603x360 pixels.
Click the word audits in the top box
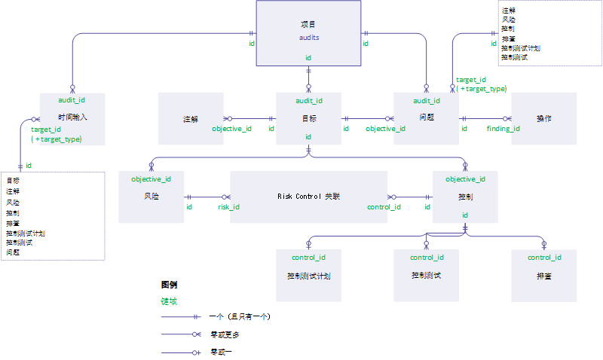(x=309, y=36)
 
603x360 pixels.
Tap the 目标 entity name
(x=309, y=119)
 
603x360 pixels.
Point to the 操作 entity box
(x=543, y=118)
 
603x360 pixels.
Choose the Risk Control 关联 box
(x=308, y=197)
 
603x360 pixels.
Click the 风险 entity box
(x=152, y=197)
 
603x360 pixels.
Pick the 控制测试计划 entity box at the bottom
(x=309, y=276)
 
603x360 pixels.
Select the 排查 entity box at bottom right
(x=543, y=276)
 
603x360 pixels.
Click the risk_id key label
(x=228, y=206)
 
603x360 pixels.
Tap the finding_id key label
(x=503, y=129)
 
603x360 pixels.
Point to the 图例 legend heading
(x=170, y=285)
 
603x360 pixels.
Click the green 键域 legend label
(x=169, y=301)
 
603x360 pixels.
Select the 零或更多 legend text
(x=225, y=334)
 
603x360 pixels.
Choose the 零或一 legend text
(x=221, y=351)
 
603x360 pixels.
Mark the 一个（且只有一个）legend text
(x=240, y=317)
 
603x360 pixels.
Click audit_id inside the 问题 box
(x=427, y=101)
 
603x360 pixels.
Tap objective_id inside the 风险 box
(x=152, y=179)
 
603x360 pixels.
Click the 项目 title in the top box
(x=308, y=25)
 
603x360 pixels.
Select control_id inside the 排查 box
(x=543, y=258)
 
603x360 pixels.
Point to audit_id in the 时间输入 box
(x=72, y=99)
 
